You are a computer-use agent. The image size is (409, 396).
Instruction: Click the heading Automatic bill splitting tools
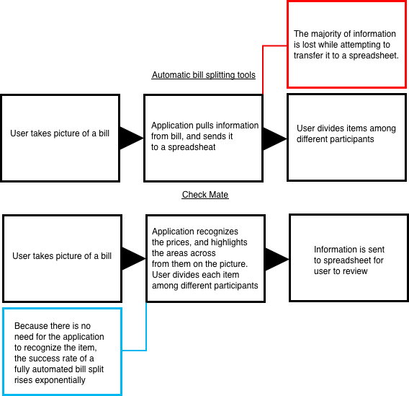click(x=204, y=75)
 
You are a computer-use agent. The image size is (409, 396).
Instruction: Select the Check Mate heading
click(x=205, y=195)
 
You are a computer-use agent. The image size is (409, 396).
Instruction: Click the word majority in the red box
click(x=325, y=34)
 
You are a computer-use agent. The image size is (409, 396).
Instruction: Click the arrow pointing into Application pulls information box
click(x=132, y=138)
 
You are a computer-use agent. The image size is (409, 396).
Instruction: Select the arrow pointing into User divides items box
click(x=275, y=138)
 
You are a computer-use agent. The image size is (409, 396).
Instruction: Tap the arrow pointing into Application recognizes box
click(x=134, y=259)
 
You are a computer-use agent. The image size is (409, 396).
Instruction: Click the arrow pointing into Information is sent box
click(x=277, y=259)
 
